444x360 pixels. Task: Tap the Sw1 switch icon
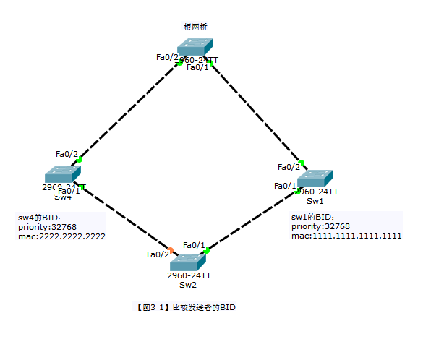pyautogui.click(x=315, y=178)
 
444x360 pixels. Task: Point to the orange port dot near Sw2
pyautogui.click(x=171, y=250)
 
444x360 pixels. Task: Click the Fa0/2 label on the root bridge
pyautogui.click(x=167, y=57)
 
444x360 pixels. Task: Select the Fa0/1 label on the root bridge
pyautogui.click(x=197, y=67)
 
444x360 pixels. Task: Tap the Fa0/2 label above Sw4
pyautogui.click(x=67, y=153)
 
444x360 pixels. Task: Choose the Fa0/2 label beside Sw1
pyautogui.click(x=289, y=167)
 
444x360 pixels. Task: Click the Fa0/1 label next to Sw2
pyautogui.click(x=194, y=245)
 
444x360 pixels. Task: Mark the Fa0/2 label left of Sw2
pyautogui.click(x=157, y=254)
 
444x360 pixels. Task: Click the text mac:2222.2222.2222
pyautogui.click(x=62, y=236)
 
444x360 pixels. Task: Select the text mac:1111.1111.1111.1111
pyautogui.click(x=346, y=236)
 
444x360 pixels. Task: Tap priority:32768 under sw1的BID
pyautogui.click(x=320, y=226)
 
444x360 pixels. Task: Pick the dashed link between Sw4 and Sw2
pyautogui.click(x=127, y=218)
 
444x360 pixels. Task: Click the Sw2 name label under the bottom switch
pyautogui.click(x=188, y=285)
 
